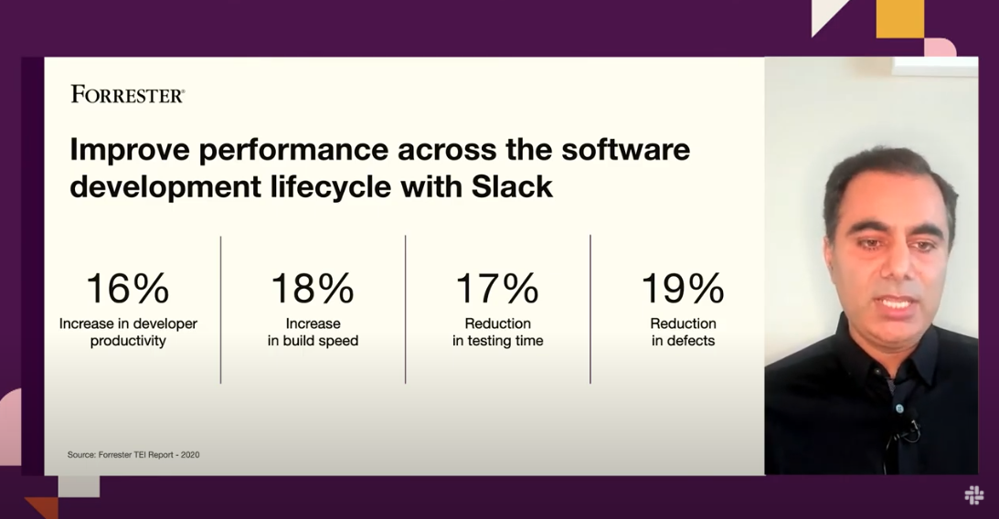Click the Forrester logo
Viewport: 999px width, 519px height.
coord(127,94)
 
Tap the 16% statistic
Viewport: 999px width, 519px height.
coord(127,289)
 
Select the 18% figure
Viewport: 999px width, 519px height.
coord(313,289)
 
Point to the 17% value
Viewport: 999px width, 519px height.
coord(497,289)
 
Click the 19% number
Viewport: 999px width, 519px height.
coord(683,289)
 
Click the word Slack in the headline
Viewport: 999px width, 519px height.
coord(512,186)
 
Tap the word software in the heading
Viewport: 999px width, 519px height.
coord(625,150)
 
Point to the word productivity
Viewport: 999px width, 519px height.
coord(128,342)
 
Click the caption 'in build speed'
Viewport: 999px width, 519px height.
coord(313,342)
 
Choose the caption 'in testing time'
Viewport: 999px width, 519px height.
coord(497,342)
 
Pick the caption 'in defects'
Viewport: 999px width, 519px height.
coord(683,341)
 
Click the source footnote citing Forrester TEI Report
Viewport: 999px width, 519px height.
coord(133,455)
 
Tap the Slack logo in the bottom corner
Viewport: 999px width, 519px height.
coord(973,495)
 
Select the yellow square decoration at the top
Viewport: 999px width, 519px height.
coord(899,18)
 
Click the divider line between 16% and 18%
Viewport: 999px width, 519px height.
coord(221,310)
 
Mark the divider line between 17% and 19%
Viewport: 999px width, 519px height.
coord(590,310)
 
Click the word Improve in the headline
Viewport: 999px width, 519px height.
coord(130,151)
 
